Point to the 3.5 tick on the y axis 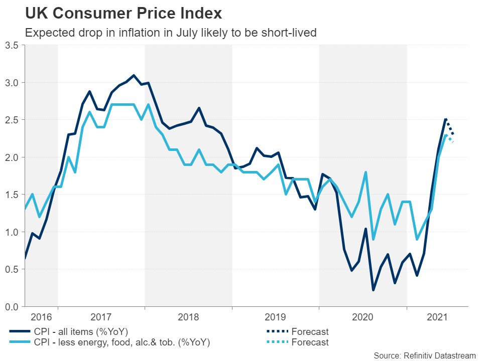pyautogui.click(x=12, y=45)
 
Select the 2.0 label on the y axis pyautogui.click(x=12, y=157)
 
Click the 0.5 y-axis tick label pyautogui.click(x=12, y=269)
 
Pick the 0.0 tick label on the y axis pyautogui.click(x=12, y=306)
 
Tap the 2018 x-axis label pyautogui.click(x=189, y=317)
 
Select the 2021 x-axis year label pyautogui.click(x=437, y=317)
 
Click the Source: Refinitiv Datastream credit pyautogui.click(x=424, y=355)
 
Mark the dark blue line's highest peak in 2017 pyautogui.click(x=134, y=75)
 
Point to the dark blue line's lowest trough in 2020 pyautogui.click(x=373, y=290)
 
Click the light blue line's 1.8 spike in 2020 pyautogui.click(x=366, y=172)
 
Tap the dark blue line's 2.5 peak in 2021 pyautogui.click(x=446, y=119)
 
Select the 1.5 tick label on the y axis pyautogui.click(x=12, y=195)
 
